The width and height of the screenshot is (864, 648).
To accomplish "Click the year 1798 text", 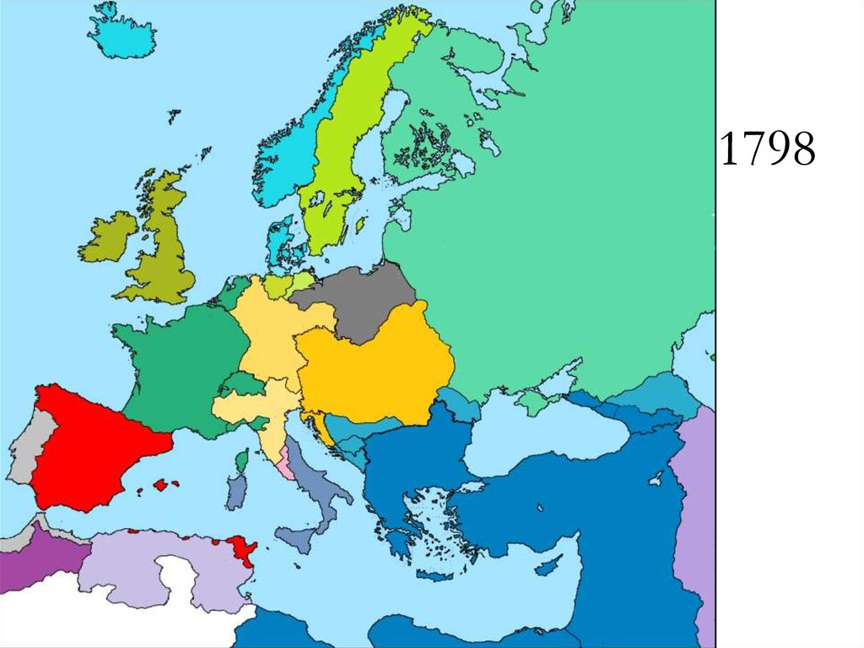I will tap(768, 150).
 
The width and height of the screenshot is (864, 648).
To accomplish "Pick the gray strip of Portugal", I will tap(25, 448).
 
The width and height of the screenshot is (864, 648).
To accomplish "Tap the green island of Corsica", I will tap(242, 461).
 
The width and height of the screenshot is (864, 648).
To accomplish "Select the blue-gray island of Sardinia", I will tap(235, 493).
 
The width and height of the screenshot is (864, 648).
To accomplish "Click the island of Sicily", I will tap(297, 537).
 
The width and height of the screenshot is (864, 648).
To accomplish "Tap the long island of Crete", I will tap(435, 575).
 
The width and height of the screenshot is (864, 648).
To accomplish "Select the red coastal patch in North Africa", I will tap(242, 550).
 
